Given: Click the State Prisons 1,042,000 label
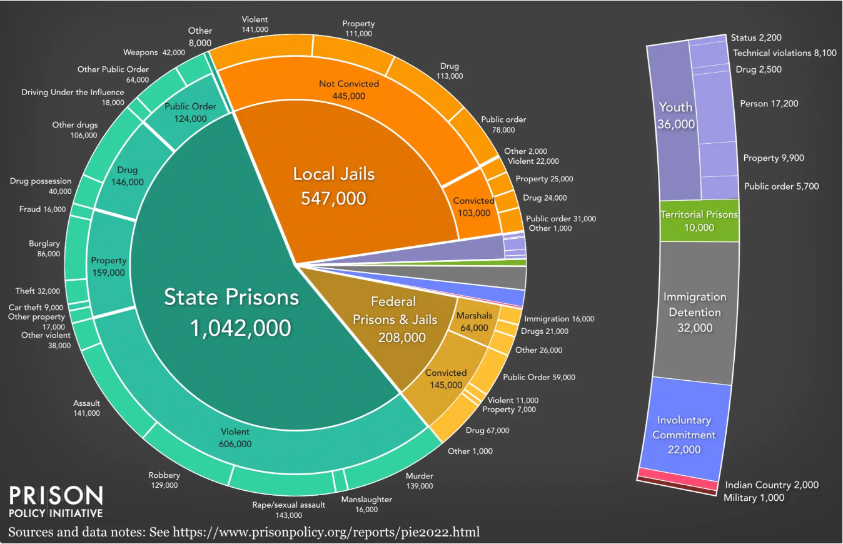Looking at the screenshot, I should coord(231,311).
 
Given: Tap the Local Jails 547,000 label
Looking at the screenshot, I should coord(333,186).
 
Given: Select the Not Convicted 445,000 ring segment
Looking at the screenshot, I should coord(349,90).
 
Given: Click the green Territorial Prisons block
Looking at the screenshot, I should coord(699,221).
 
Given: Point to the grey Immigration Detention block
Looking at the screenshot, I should coord(695,312).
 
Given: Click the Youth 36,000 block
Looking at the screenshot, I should coord(675,116).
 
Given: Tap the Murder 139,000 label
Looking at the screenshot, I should coord(418,481).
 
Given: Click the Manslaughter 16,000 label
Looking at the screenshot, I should coord(366,504).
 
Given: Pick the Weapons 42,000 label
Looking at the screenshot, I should coord(154,53).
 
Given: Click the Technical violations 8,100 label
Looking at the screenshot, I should coord(784,53).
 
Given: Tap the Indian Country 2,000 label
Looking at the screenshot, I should coord(771,485).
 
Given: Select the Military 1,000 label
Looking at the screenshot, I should coord(754,498).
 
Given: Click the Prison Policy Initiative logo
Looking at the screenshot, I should coord(56,502).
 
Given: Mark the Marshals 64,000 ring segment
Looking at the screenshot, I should coord(473,321).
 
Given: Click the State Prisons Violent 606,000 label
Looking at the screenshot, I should coord(235,438).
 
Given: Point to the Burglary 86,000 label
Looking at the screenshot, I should coord(44,249).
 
